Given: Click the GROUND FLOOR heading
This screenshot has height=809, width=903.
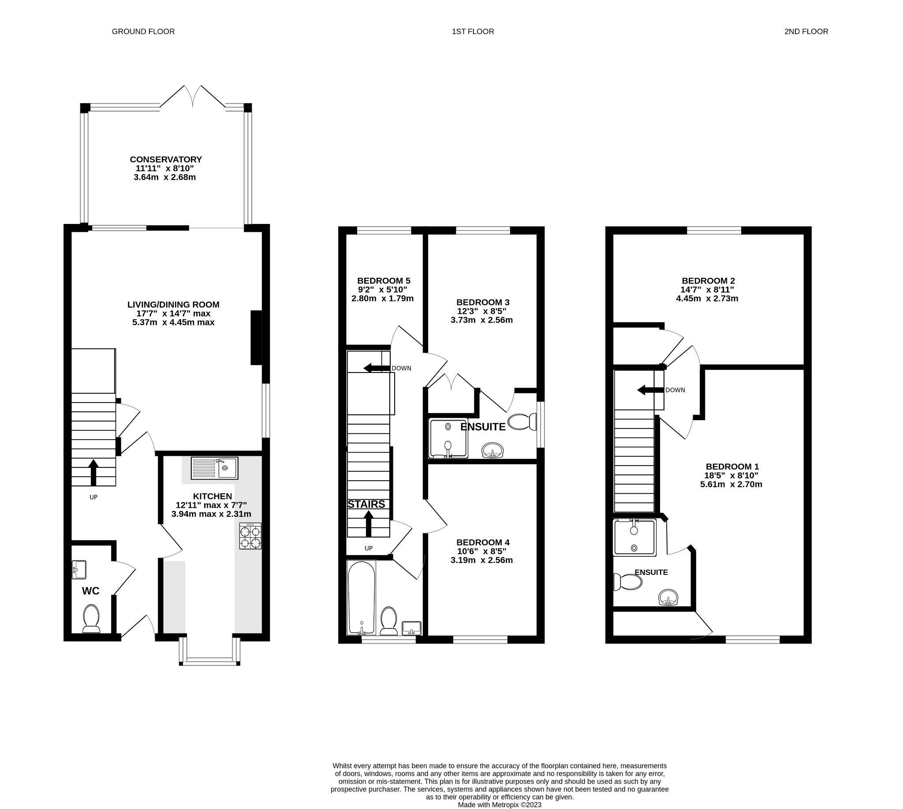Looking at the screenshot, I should click(143, 32).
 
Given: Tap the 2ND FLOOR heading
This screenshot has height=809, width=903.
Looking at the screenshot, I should click(806, 32).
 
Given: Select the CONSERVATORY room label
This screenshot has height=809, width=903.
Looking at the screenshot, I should click(165, 159).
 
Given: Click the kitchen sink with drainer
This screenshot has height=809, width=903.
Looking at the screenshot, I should click(214, 468).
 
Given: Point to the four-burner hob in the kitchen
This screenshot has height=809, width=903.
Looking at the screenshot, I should click(250, 536).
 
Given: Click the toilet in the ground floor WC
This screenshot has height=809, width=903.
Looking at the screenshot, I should click(91, 618).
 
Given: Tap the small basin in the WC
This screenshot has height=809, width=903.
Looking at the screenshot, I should click(79, 570).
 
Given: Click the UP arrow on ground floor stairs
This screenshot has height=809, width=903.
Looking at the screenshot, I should click(93, 473).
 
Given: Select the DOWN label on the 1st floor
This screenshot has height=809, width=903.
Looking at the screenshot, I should click(401, 368).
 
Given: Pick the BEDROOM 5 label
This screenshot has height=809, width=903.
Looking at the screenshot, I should click(383, 281).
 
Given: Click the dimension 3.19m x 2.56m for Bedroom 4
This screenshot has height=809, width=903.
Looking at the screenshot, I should click(481, 560).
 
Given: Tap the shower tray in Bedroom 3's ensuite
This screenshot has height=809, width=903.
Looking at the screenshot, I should click(448, 438).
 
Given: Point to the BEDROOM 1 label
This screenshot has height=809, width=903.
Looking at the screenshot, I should click(732, 466).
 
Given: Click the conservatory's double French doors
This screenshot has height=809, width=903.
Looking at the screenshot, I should click(193, 96).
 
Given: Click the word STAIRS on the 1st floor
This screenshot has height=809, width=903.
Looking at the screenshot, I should click(366, 504).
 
